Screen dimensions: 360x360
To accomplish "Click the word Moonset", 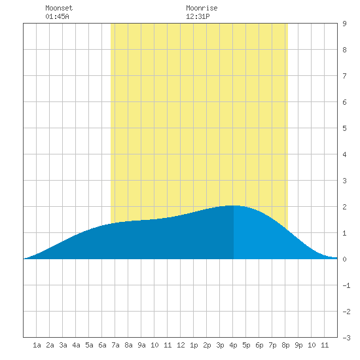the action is (59, 8).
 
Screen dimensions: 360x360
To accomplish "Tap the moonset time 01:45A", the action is (57, 16).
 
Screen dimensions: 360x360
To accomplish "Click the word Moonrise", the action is (202, 8).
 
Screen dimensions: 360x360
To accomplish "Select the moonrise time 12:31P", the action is (198, 16).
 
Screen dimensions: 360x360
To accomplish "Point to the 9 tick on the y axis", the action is (344, 24).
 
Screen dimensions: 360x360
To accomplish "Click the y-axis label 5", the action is (344, 128).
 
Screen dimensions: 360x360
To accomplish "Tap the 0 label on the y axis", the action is (344, 259).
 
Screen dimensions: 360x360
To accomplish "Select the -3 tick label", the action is (346, 338).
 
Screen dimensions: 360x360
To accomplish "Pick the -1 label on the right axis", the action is (346, 285).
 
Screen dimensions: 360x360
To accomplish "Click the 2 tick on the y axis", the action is (344, 207).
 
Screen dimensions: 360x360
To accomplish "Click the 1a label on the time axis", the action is (37, 345).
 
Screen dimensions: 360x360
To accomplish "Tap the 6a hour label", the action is (102, 345).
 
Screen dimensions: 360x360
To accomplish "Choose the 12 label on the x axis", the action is (181, 345).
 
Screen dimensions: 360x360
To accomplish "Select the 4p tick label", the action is (233, 345).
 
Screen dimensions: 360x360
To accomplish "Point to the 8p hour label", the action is (285, 345).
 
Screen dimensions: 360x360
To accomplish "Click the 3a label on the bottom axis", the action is (63, 345).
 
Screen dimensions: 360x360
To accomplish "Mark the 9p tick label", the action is (298, 345).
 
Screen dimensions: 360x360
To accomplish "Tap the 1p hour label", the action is (194, 345).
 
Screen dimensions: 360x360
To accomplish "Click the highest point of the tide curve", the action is (234, 206).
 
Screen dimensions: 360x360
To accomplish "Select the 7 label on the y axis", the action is (344, 76).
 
